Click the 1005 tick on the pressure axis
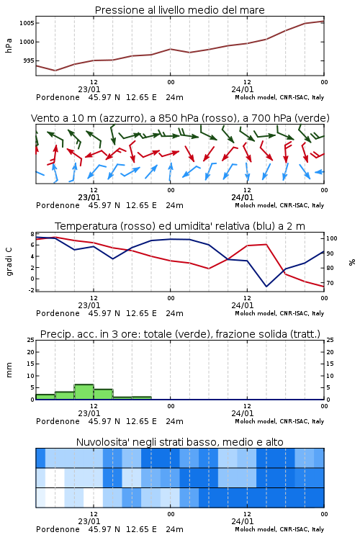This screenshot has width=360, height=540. pyautogui.click(x=27, y=23)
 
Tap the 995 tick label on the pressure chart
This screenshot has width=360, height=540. pyautogui.click(x=28, y=60)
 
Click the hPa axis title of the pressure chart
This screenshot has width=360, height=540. pyautogui.click(x=9, y=45)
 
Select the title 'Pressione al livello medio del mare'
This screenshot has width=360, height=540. pyautogui.click(x=180, y=10)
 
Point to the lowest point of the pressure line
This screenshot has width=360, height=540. pyautogui.click(x=55, y=71)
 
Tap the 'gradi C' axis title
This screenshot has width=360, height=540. pyautogui.click(x=9, y=261)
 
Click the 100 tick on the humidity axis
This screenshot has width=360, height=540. pyautogui.click(x=332, y=238)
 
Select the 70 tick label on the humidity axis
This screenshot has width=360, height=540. pyautogui.click(x=330, y=283)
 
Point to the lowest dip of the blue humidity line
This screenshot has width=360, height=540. pyautogui.click(x=266, y=286)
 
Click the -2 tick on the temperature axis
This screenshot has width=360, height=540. pyautogui.click(x=31, y=290)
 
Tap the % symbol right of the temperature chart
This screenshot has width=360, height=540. pyautogui.click(x=352, y=262)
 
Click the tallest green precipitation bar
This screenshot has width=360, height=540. pyautogui.click(x=84, y=392)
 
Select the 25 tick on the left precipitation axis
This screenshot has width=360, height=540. pyautogui.click(x=31, y=340)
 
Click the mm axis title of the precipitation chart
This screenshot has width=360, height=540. pyautogui.click(x=9, y=369)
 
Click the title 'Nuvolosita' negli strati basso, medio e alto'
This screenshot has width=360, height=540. pyautogui.click(x=180, y=442)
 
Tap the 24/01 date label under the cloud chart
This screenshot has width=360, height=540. pyautogui.click(x=243, y=521)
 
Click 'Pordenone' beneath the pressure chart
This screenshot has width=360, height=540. pyautogui.click(x=58, y=97)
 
